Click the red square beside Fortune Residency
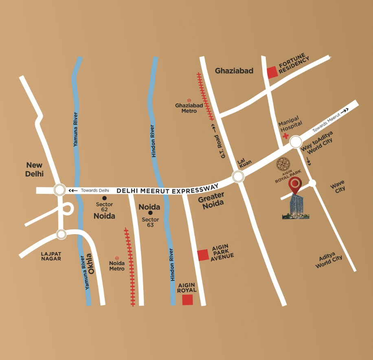pos(272,72)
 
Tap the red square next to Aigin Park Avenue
pos(203,255)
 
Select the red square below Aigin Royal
pos(187,300)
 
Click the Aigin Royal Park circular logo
pos(284,165)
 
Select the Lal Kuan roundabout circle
pos(238,176)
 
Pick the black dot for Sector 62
pos(104,198)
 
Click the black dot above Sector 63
pos(150,213)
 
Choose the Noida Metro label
pos(117,266)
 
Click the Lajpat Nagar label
pos(51,256)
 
